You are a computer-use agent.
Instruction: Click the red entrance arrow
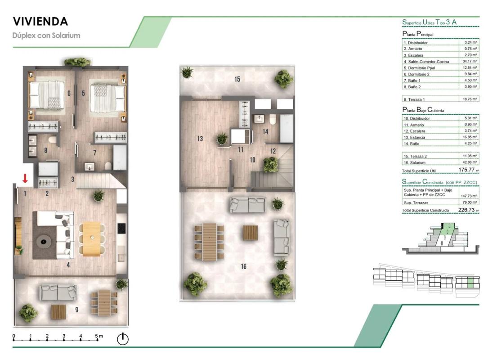tap(25, 178)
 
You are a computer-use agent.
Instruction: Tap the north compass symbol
tap(123, 339)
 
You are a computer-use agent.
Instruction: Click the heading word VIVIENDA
tap(40, 22)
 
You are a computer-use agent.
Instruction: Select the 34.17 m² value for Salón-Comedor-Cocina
tap(470, 61)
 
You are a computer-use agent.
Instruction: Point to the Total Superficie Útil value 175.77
tap(466, 170)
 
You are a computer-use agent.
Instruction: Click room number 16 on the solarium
tap(244, 266)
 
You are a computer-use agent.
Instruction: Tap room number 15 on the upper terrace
tap(237, 79)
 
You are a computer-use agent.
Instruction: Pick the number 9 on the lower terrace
tap(76, 310)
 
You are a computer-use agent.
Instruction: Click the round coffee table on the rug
tap(43, 241)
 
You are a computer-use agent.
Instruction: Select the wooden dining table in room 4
tap(92, 239)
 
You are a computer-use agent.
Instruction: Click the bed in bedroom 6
tap(47, 95)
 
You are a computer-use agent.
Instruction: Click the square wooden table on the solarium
tap(250, 233)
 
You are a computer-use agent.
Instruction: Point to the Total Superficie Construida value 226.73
tap(466, 210)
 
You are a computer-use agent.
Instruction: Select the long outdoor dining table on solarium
tap(209, 242)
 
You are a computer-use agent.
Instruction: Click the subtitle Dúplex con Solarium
tap(46, 36)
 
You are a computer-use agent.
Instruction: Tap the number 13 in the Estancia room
tap(200, 139)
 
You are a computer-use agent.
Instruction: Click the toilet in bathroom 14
tap(273, 119)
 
